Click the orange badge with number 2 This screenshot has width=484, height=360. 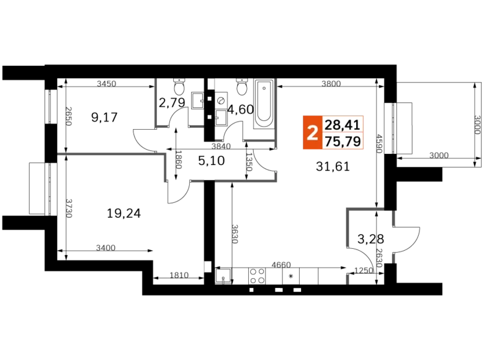312,133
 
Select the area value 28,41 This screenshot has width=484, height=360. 342,124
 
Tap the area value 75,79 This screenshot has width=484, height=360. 342,142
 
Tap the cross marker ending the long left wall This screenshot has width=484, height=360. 61,153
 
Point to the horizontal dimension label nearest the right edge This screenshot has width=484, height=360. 439,155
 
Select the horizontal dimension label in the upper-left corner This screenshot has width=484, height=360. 107,84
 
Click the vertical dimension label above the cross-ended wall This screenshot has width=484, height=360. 69,116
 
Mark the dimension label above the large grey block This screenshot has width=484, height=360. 330,83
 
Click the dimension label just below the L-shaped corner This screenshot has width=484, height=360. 363,269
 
